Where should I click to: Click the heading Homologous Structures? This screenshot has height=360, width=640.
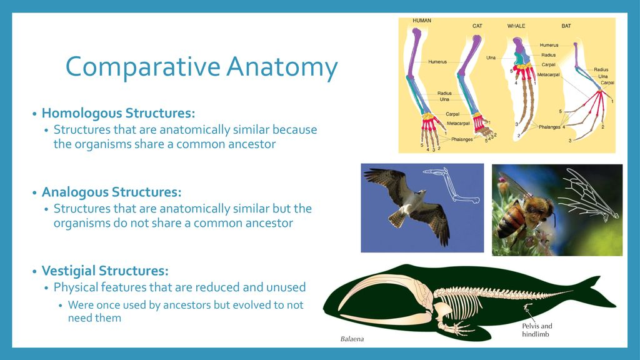point(118,113)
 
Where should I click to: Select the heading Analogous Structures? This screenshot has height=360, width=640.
point(111,192)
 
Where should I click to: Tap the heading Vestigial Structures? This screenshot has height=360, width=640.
point(105,271)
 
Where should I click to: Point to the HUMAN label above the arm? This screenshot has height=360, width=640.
point(422,21)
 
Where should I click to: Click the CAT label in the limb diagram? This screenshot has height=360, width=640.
point(477,26)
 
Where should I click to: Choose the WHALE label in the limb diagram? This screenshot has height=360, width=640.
point(516,26)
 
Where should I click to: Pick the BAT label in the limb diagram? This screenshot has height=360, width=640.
point(566,26)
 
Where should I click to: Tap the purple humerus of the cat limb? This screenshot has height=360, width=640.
point(469,55)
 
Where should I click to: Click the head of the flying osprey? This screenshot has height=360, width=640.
point(421,192)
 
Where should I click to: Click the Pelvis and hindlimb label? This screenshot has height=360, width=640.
point(537,330)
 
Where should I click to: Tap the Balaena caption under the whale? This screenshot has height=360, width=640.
point(352,339)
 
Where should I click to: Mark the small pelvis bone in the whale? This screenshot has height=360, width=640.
point(527,306)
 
